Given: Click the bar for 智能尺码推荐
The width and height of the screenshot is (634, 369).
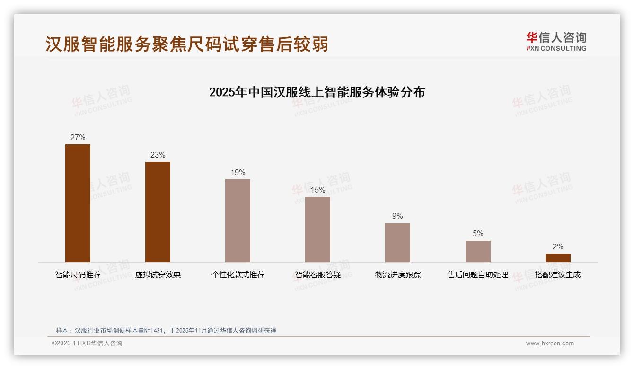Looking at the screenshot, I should [x=78, y=203].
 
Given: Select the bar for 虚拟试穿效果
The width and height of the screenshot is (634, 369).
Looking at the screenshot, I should [x=158, y=212].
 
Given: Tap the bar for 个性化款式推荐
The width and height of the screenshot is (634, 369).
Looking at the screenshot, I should [x=238, y=220].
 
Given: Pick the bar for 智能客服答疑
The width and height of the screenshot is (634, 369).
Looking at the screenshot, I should [x=317, y=229].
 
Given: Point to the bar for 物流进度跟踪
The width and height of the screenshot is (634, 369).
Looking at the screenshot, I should [x=397, y=243].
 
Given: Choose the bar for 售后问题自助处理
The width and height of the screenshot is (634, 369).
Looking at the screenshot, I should [x=478, y=251].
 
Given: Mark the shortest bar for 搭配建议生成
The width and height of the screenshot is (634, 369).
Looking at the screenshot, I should [x=558, y=258].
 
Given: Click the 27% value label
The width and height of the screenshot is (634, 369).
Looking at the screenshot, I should [x=78, y=138].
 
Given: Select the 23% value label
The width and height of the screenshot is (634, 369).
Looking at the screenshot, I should [x=158, y=155].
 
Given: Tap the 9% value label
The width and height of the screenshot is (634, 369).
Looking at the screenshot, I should [x=397, y=216].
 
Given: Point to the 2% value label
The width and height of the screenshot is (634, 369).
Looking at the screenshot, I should [x=558, y=246].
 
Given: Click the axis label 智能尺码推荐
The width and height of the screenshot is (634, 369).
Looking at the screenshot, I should [x=78, y=275].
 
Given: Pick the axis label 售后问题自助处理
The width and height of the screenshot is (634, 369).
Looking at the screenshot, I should [x=478, y=275].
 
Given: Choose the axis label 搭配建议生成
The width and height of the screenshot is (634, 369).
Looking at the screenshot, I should [x=558, y=275].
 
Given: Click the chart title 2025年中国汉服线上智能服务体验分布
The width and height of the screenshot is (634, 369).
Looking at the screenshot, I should [x=317, y=92].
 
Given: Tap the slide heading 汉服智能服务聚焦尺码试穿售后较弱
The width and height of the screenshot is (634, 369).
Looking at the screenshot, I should [x=187, y=44].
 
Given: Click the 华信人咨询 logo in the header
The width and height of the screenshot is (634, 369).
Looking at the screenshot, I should [x=556, y=42].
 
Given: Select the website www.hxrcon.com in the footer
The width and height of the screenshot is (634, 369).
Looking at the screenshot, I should [x=550, y=343].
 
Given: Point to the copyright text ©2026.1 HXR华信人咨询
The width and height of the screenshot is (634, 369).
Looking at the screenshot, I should [x=87, y=343].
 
